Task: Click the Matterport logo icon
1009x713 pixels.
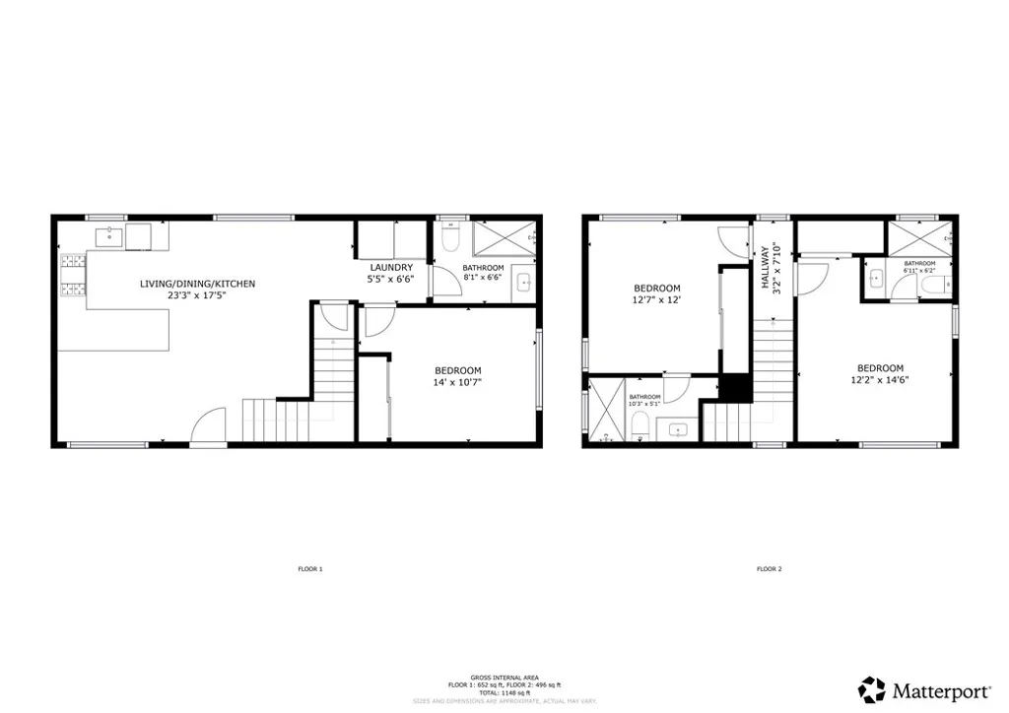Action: tap(871, 688)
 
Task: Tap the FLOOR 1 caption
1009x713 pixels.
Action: tap(310, 569)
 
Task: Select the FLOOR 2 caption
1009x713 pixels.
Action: tap(769, 569)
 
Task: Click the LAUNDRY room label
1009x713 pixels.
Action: tap(390, 268)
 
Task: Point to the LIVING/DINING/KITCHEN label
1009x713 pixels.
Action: tap(197, 284)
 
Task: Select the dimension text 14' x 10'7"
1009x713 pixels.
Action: tap(457, 382)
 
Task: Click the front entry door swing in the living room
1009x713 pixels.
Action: tap(209, 429)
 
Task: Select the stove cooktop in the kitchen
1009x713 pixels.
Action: tap(74, 275)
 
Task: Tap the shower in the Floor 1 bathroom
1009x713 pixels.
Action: tap(504, 239)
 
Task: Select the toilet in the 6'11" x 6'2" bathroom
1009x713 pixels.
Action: tap(932, 285)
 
